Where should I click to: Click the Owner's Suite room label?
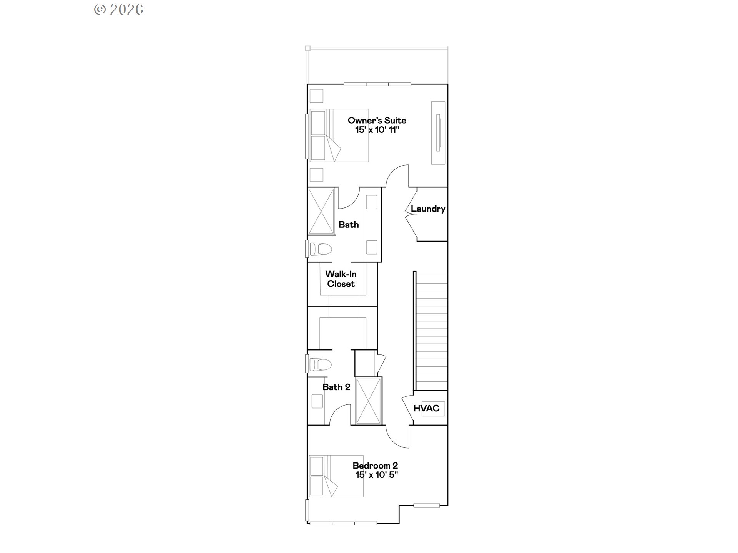[x=377, y=120]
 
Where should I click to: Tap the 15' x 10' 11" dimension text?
[x=377, y=130]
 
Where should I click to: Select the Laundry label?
[x=428, y=209]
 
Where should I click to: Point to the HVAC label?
[x=426, y=408]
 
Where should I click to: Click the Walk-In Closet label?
[x=341, y=279]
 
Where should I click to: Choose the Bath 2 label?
[x=336, y=387]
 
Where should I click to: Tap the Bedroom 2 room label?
[x=375, y=465]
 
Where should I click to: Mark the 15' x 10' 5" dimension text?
[x=376, y=475]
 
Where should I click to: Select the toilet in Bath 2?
[x=319, y=364]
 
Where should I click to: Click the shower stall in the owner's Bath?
[x=321, y=211]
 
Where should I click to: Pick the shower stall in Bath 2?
[x=369, y=401]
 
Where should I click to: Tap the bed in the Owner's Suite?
[x=339, y=136]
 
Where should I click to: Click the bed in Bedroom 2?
[x=336, y=476]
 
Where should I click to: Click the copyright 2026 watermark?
[x=119, y=10]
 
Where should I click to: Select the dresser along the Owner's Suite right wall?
[x=438, y=133]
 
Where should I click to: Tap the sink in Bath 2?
[x=317, y=401]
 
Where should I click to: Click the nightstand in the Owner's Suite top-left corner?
[x=316, y=96]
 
